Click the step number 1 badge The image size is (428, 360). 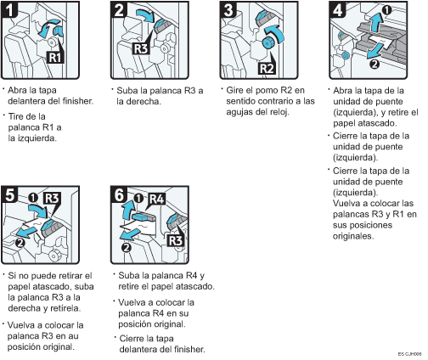point(9,9)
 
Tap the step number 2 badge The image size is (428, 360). point(119,9)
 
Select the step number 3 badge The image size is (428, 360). point(228,9)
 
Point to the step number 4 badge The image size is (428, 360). point(338,9)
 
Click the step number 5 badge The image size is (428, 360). point(9,194)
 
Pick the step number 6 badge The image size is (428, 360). point(119,194)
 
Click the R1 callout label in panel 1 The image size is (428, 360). point(55,57)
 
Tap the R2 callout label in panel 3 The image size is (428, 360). point(267,68)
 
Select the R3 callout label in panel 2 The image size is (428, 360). point(140,48)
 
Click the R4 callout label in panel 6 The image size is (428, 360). point(157,199)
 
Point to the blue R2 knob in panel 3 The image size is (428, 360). point(267,42)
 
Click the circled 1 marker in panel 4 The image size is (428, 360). point(386,10)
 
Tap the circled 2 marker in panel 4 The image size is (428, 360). point(374,65)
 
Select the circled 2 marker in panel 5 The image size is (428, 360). point(20,243)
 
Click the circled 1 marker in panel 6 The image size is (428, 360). point(138,198)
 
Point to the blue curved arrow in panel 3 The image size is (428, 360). point(277,31)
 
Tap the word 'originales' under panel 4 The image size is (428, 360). point(353,236)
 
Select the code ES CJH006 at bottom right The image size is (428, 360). point(409,354)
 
